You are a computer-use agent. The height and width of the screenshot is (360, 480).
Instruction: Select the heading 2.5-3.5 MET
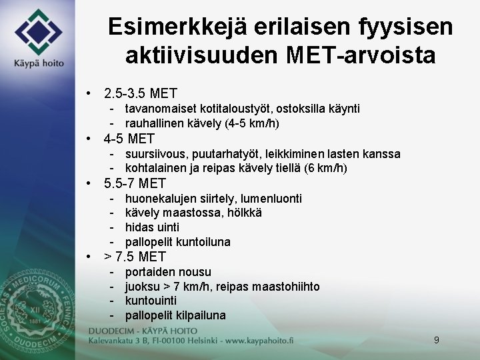[140, 93]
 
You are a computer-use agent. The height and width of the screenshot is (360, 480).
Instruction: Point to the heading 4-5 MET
[129, 139]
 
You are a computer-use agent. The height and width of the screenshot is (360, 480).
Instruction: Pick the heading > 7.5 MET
[135, 257]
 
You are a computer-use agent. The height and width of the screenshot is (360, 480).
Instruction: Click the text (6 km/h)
[325, 169]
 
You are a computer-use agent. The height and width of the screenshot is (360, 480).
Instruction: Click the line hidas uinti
[152, 227]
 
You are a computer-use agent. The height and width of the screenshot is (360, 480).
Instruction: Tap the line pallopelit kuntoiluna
[177, 242]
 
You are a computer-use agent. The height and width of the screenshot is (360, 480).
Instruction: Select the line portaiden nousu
[168, 272]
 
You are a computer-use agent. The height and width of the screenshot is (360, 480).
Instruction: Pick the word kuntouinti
[151, 301]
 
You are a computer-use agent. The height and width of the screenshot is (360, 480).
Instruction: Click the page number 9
[437, 340]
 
